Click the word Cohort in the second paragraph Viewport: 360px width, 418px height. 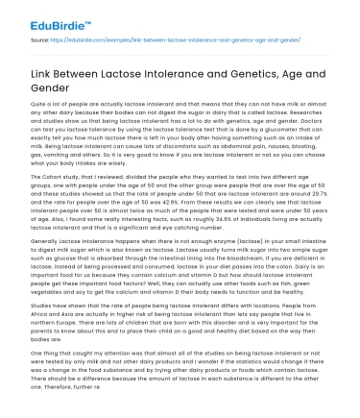pos(52,176)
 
